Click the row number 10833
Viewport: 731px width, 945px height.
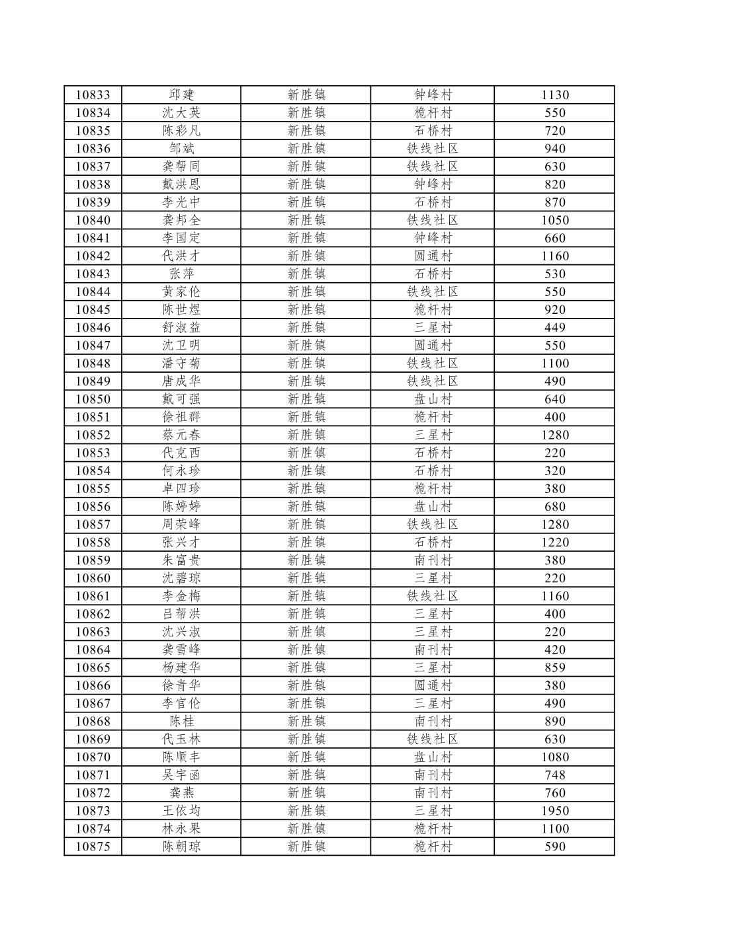tap(93, 95)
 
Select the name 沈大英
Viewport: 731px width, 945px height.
tap(181, 113)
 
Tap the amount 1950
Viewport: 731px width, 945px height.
tap(554, 811)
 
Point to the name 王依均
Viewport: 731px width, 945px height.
tap(181, 811)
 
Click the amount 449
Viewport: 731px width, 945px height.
tap(554, 328)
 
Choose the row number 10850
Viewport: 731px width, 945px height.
tap(93, 399)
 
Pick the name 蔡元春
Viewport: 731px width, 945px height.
tap(181, 435)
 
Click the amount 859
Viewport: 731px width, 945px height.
tap(554, 667)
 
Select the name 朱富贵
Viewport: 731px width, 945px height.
tap(181, 560)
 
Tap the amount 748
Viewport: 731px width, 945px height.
tap(554, 775)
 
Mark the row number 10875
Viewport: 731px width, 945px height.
tap(93, 847)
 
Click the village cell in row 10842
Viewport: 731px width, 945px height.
tap(433, 256)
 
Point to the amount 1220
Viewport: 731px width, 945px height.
tap(554, 543)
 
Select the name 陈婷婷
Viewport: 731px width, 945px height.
tap(181, 507)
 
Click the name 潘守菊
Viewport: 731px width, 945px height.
tap(181, 363)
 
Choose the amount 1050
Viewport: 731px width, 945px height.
tap(554, 221)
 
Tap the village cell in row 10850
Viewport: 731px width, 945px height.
tap(433, 399)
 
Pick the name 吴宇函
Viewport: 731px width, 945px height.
tap(181, 775)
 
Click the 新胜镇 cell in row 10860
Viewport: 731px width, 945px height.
tap(306, 578)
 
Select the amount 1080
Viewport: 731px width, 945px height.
tap(554, 757)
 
